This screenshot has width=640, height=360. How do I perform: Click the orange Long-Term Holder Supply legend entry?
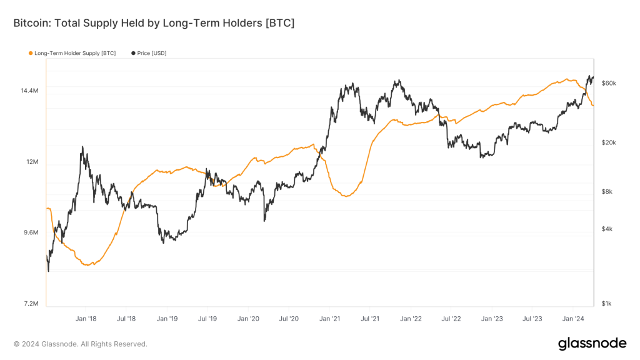tap(74, 53)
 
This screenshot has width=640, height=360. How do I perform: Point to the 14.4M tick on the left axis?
tap(29, 91)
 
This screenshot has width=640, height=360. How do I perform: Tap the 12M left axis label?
tap(32, 162)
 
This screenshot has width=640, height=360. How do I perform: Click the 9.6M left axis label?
tap(31, 232)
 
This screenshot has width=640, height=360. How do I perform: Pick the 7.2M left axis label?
tap(31, 304)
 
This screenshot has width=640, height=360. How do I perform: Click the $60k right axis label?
tap(609, 83)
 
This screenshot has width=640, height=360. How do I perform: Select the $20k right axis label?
tap(609, 142)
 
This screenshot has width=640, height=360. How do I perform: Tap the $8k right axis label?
tap(607, 192)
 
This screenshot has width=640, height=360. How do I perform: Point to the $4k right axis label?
tap(607, 229)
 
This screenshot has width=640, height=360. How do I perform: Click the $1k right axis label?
tap(607, 304)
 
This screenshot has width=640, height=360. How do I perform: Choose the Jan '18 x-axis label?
tap(86, 319)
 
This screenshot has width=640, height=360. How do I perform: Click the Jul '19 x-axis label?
tap(207, 319)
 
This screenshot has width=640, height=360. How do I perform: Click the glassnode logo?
tap(592, 343)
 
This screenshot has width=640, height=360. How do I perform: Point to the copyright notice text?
tap(80, 344)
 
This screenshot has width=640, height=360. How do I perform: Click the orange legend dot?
tap(31, 53)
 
